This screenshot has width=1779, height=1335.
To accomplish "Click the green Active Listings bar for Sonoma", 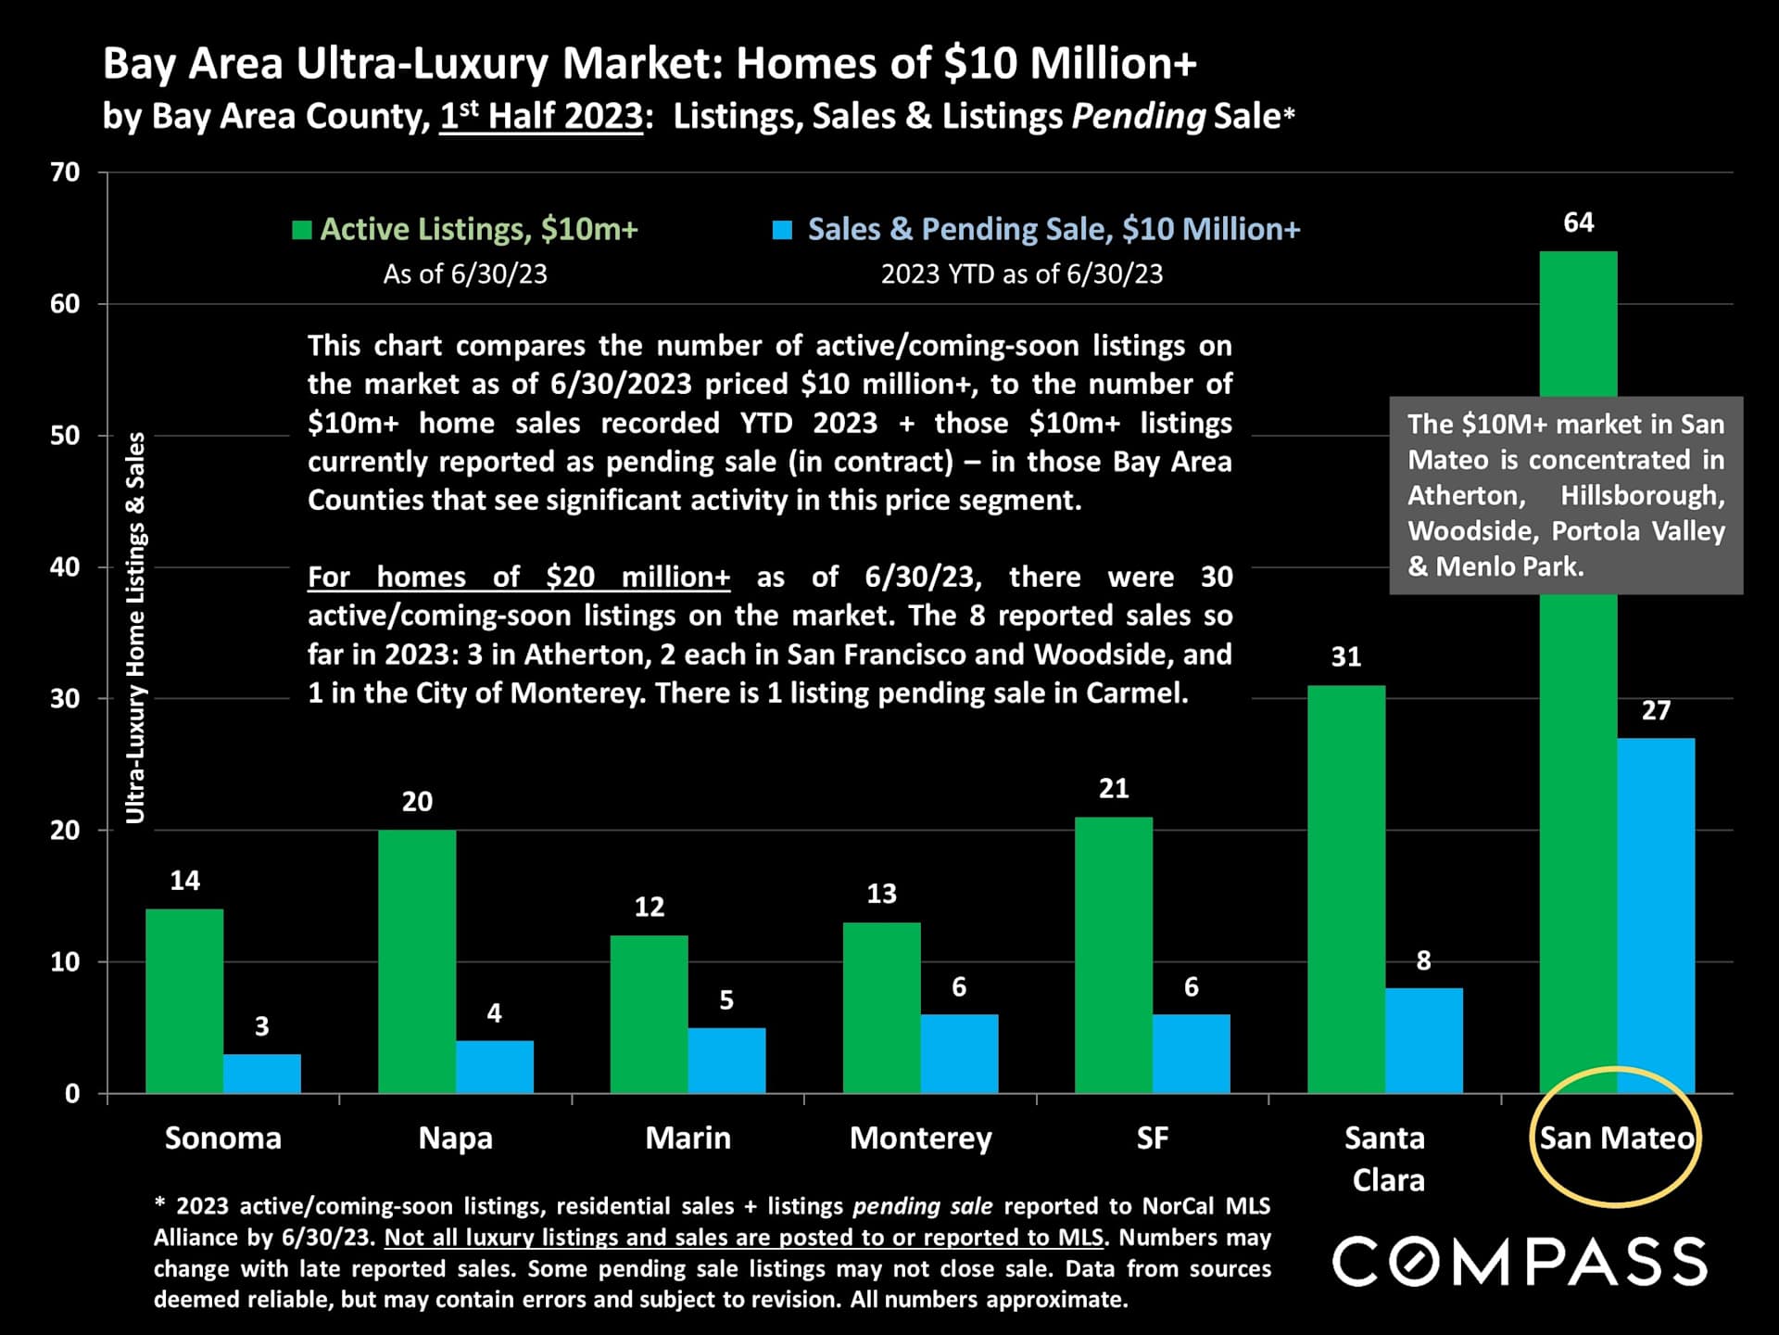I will [x=184, y=1001].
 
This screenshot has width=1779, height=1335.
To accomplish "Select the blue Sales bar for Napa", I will [x=495, y=1067].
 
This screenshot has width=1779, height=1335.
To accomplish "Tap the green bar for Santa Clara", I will [x=1346, y=890].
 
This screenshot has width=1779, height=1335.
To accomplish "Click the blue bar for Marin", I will [x=726, y=1061].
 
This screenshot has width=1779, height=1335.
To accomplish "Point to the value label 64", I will [x=1578, y=222].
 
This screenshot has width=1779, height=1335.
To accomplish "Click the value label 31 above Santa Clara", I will [x=1345, y=657].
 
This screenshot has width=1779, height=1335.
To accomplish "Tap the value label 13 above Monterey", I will [x=881, y=894].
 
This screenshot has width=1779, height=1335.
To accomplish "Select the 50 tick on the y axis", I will [x=65, y=436].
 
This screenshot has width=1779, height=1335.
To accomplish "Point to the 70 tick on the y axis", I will [x=65, y=172].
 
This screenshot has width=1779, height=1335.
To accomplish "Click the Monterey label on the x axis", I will [x=920, y=1138].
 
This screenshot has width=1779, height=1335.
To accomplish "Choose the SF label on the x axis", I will [x=1153, y=1138].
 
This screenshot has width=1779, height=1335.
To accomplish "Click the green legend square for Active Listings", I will [x=301, y=230].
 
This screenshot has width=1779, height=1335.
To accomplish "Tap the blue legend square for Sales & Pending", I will [x=783, y=230].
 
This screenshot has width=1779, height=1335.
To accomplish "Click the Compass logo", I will [x=1520, y=1262].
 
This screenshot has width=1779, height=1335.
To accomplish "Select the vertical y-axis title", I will [x=135, y=628].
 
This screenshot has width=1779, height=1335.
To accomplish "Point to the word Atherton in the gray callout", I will [x=1466, y=495].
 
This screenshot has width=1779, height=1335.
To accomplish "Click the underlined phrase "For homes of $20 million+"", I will [x=519, y=577].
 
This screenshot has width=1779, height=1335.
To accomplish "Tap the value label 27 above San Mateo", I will [x=1656, y=711].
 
